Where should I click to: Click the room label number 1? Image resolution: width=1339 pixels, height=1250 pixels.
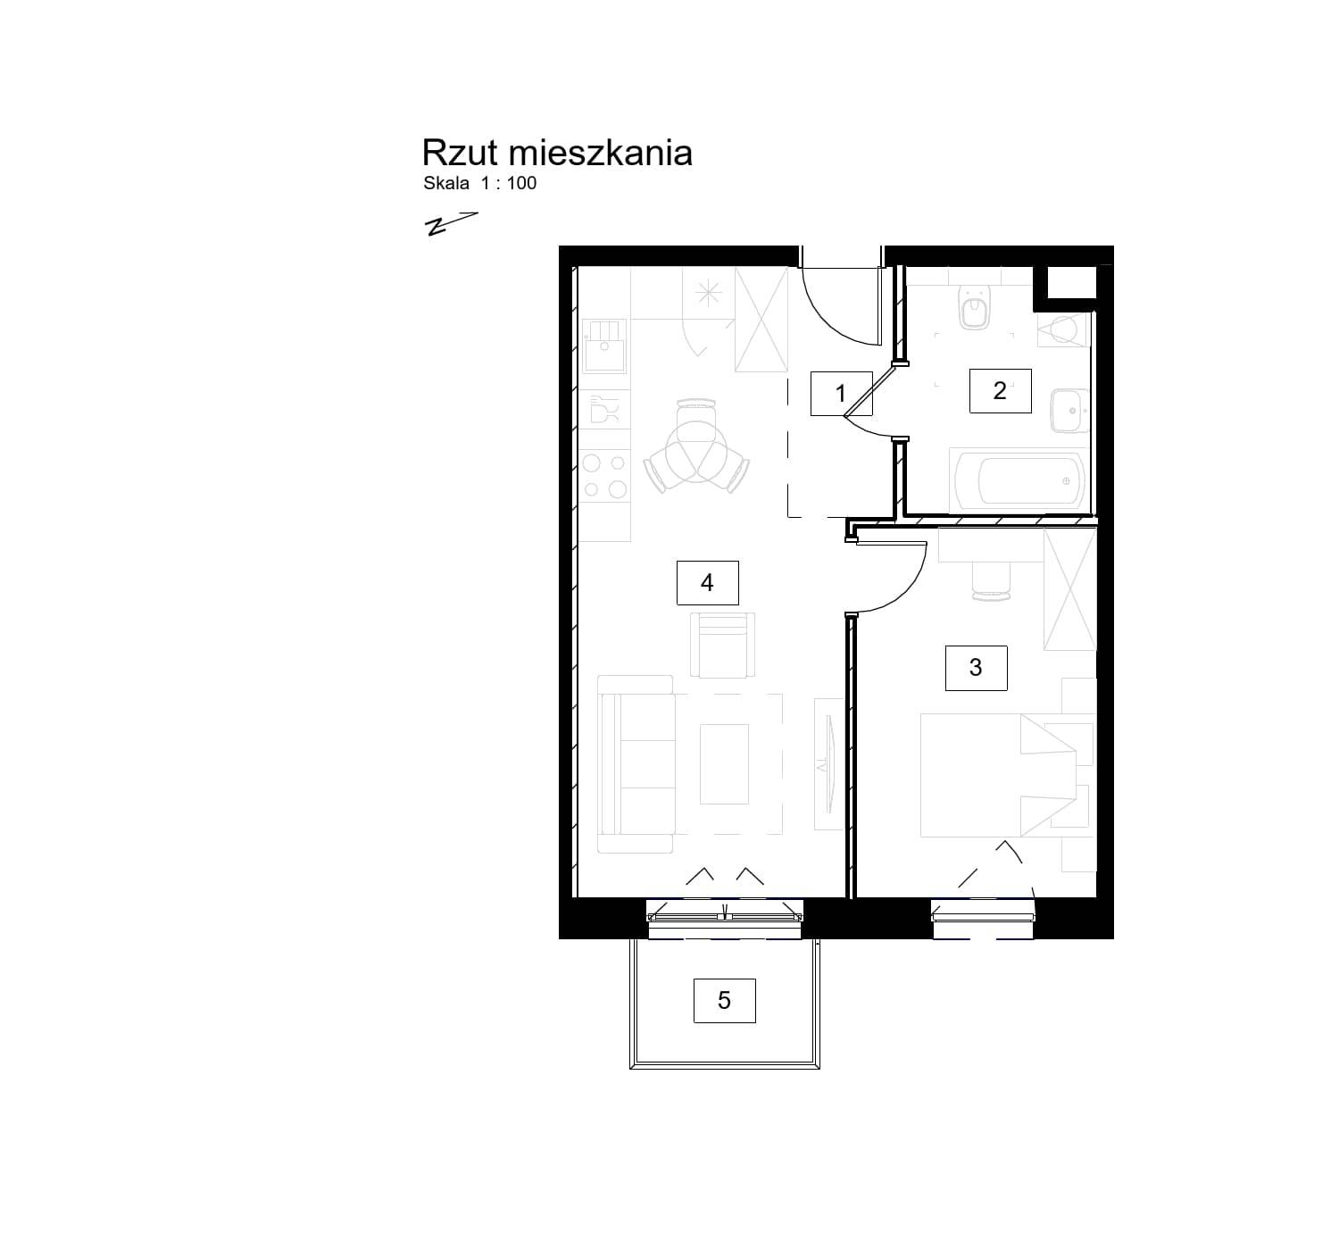pos(840,393)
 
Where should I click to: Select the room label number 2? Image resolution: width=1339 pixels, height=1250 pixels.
pos(1000,390)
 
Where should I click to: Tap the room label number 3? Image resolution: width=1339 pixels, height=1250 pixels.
pos(976,668)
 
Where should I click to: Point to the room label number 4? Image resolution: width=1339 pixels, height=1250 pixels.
pos(707,582)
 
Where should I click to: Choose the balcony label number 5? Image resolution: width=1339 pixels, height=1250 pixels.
pos(724,1000)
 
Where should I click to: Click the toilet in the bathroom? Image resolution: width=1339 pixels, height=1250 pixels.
pos(975,307)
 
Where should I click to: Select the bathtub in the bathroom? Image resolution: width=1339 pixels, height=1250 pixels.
pos(1018,480)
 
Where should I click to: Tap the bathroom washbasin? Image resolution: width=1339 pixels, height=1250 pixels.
pos(1069,411)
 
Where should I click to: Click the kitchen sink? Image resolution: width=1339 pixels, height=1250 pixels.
pos(604,346)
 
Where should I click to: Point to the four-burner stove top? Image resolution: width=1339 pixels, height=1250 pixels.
pos(604,476)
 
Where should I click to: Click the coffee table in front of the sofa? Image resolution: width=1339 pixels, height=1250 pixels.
pos(724,764)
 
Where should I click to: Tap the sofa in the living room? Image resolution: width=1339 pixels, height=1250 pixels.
pos(636,764)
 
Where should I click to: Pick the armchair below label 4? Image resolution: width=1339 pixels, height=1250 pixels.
pos(722,645)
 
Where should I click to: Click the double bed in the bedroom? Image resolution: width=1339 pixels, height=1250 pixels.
pos(998,776)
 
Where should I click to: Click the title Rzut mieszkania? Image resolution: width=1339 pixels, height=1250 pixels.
pos(557,153)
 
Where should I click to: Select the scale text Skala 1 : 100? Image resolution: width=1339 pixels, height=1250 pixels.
pos(480,183)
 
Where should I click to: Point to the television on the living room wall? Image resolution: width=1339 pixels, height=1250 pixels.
pos(828,764)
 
